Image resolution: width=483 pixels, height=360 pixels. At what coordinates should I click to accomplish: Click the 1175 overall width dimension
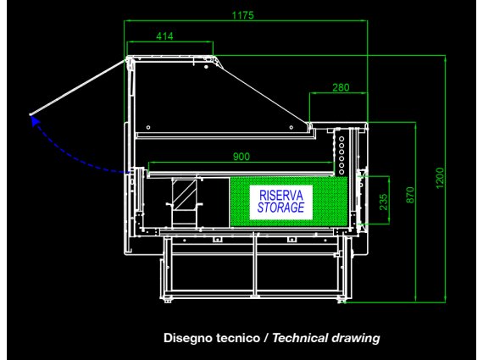tap(242, 15)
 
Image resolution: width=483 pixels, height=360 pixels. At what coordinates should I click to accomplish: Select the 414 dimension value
tap(164, 36)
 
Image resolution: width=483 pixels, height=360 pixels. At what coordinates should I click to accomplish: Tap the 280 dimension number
tap(341, 87)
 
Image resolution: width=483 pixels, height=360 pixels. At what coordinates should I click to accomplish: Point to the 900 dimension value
tap(241, 157)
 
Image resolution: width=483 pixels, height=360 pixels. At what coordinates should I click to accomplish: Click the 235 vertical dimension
tap(383, 202)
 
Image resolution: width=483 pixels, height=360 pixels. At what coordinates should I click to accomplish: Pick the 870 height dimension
tap(410, 195)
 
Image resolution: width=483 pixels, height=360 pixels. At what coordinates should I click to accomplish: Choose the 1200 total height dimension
tap(440, 178)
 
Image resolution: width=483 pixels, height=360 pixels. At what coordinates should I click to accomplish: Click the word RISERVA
tap(281, 195)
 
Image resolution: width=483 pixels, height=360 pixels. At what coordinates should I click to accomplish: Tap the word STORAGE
tap(281, 208)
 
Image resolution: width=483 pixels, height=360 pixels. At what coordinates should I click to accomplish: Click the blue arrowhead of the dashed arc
tap(36, 121)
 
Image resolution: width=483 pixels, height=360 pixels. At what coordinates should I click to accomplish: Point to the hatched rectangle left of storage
tap(184, 195)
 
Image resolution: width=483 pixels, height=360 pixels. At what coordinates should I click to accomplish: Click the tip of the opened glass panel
tap(31, 115)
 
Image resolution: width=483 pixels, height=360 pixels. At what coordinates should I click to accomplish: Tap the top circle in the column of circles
tap(341, 139)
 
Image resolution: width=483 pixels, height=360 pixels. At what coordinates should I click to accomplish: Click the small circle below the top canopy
tap(206, 67)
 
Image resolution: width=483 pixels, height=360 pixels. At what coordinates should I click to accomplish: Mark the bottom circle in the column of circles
tap(341, 172)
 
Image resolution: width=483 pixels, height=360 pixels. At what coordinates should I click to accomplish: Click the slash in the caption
tap(266, 338)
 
